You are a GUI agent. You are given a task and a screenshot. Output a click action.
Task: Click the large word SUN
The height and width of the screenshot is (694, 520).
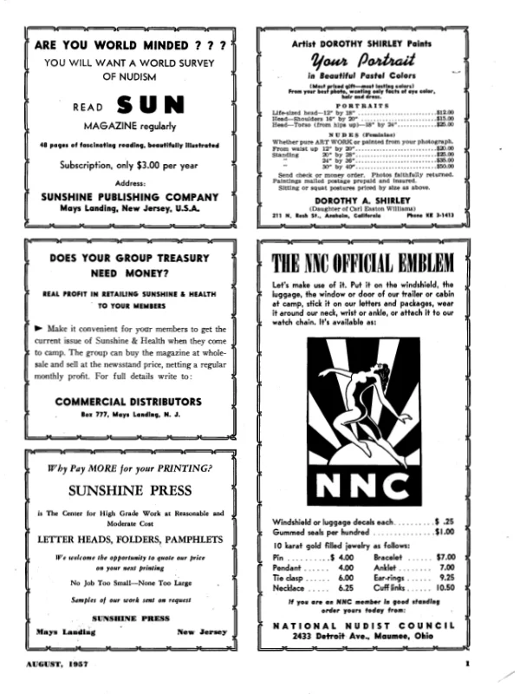click(151, 106)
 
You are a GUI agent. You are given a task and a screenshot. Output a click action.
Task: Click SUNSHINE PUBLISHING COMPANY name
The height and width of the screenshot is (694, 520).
click(130, 197)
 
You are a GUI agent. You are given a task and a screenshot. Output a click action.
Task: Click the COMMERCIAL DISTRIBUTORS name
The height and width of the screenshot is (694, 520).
click(130, 402)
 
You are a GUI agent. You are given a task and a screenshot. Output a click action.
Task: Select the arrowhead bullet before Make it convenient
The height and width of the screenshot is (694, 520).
click(39, 329)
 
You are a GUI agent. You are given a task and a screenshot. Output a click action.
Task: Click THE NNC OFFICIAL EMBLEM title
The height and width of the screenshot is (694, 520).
click(362, 262)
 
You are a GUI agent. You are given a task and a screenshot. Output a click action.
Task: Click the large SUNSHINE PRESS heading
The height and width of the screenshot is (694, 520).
click(130, 490)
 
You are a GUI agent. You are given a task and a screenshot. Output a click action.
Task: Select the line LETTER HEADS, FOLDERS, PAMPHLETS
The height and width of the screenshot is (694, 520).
click(130, 539)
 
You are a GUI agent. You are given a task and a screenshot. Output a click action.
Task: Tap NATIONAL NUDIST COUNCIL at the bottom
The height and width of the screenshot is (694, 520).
click(362, 625)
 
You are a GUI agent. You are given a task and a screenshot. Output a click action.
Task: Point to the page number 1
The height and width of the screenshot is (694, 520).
click(466, 665)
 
